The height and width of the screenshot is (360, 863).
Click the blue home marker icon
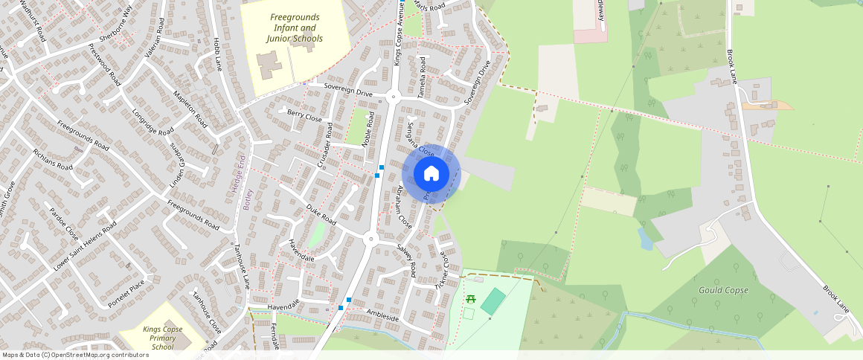click(431, 173)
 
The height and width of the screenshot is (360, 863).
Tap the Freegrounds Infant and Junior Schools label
click(295, 28)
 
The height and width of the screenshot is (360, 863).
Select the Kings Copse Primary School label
click(162, 338)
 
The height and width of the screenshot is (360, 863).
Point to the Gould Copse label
click(723, 289)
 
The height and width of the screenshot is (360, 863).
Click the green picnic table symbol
click(470, 299)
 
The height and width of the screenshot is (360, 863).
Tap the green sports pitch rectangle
click(493, 301)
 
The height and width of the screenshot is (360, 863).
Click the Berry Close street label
click(304, 117)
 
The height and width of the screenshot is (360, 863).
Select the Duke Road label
click(321, 216)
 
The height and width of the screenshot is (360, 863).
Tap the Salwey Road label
click(406, 260)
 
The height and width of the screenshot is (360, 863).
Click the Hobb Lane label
click(217, 54)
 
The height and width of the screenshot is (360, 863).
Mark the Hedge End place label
click(240, 176)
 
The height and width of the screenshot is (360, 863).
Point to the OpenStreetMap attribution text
click(75, 355)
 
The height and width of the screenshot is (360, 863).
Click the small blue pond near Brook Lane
click(644, 238)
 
